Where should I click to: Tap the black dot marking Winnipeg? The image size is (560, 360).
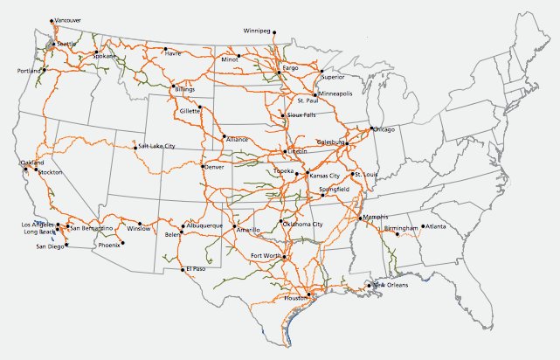(273, 33)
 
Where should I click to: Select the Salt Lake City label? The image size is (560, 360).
(158, 146)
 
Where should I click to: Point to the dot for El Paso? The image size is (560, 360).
(183, 270)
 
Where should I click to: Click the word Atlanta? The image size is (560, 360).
(437, 227)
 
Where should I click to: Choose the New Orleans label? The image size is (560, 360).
(391, 285)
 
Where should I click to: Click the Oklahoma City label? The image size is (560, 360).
(304, 224)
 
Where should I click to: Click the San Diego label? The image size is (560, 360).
(50, 246)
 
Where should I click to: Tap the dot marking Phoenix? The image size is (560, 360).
(123, 242)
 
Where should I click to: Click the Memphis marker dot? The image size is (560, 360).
(361, 217)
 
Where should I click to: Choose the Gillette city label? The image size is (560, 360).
(190, 113)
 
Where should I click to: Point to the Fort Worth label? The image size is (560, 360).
(266, 256)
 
